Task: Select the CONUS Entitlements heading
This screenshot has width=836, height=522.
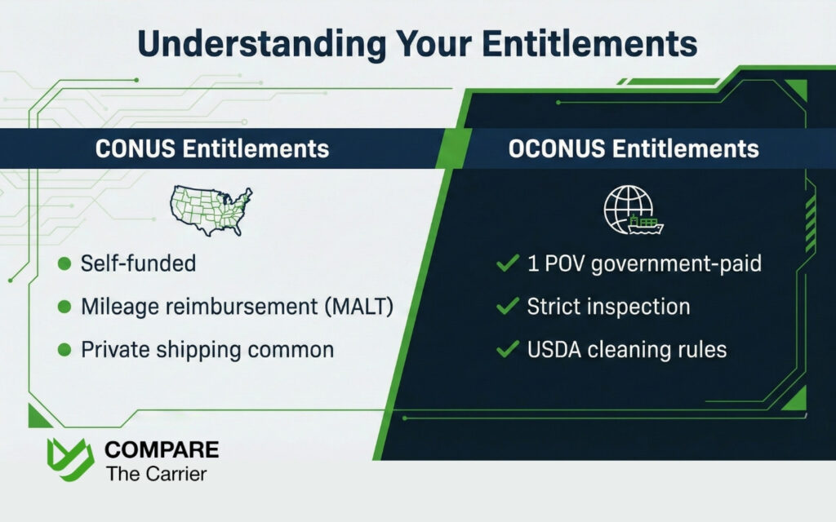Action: [x=212, y=149]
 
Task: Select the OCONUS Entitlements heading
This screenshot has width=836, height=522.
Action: [x=634, y=149]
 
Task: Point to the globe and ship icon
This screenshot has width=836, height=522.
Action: [x=633, y=211]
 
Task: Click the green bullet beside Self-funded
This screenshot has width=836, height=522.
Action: [x=63, y=263]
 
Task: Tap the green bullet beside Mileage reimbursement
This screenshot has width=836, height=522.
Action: [x=63, y=307]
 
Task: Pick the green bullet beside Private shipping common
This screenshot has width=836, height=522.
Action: [x=63, y=351]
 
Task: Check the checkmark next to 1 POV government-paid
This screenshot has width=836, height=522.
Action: [x=508, y=263]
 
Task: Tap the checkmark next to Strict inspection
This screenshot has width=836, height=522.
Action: [x=508, y=307]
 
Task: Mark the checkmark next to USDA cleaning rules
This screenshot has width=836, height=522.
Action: [x=508, y=350]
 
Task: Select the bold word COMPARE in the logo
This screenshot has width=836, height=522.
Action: [x=162, y=450]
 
